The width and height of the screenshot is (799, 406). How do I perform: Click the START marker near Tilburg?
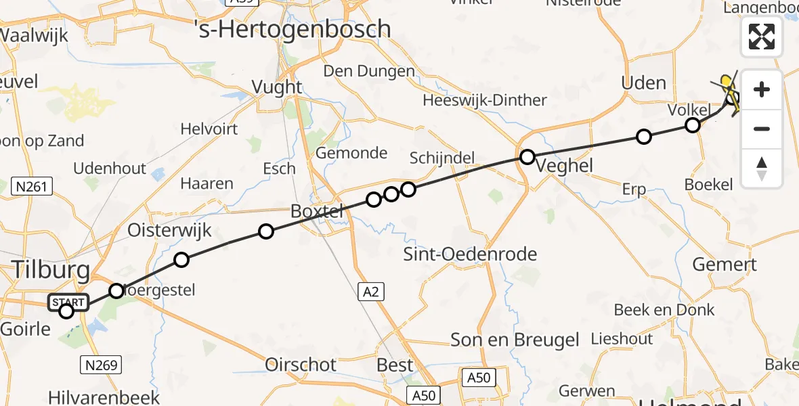point(68,302)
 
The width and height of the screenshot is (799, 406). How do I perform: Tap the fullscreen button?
point(762,37)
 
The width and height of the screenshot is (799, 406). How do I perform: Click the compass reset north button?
point(762,169)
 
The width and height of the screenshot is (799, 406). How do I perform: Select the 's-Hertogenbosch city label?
point(293,28)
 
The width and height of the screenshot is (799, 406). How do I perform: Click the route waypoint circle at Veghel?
point(527,158)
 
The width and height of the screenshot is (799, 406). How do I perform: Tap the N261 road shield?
point(33,186)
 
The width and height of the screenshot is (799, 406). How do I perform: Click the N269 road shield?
point(101,365)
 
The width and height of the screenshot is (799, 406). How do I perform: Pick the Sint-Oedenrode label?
point(469,255)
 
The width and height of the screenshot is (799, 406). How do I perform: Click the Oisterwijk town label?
point(169,231)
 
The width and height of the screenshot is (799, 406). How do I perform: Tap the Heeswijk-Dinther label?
point(484,101)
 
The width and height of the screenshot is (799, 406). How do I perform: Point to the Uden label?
point(643,83)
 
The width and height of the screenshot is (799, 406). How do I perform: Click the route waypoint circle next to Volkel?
point(692,125)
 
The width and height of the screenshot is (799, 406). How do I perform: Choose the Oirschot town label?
point(301,365)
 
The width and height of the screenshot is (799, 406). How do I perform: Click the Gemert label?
point(724,265)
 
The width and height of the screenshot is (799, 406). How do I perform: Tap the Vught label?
point(276,87)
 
